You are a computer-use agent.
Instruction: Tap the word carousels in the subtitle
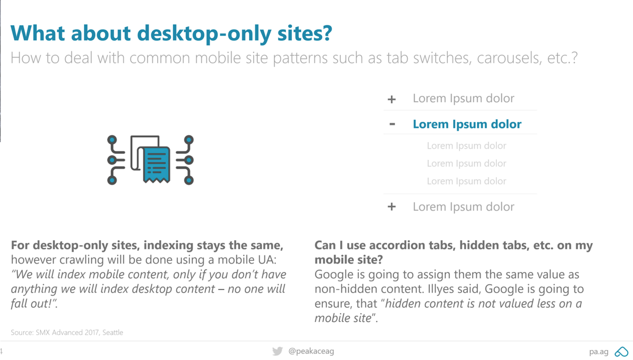(507, 57)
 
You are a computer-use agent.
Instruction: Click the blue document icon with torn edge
(157, 164)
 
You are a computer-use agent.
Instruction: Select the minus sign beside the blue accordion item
(392, 124)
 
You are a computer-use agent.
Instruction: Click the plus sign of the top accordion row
(391, 99)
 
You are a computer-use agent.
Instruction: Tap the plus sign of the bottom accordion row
(391, 207)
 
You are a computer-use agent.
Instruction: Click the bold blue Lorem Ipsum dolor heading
(467, 124)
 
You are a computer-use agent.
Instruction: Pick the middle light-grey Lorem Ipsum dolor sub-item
(466, 163)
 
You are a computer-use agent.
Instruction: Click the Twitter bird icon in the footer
(277, 351)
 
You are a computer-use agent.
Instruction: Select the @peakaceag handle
(311, 351)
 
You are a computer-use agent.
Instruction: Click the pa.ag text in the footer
(599, 352)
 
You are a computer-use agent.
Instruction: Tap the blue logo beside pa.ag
(621, 352)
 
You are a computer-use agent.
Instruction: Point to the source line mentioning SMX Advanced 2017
(67, 332)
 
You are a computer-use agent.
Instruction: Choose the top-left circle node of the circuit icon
(112, 140)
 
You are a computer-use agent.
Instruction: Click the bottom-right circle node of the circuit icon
(188, 180)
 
